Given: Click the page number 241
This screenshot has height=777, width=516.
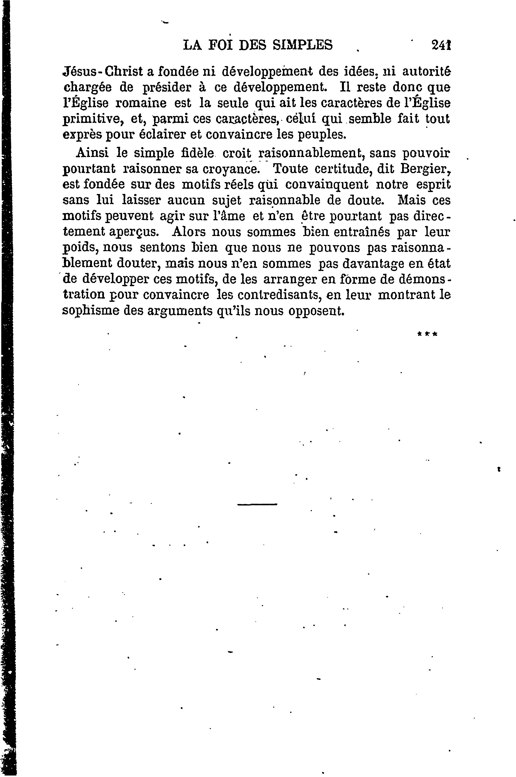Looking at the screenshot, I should point(441,45).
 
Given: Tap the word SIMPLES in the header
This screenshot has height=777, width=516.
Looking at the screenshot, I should point(302,45).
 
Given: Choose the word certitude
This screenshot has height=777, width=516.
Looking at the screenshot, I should point(331,169).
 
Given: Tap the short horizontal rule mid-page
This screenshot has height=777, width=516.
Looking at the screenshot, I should point(257,504).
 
